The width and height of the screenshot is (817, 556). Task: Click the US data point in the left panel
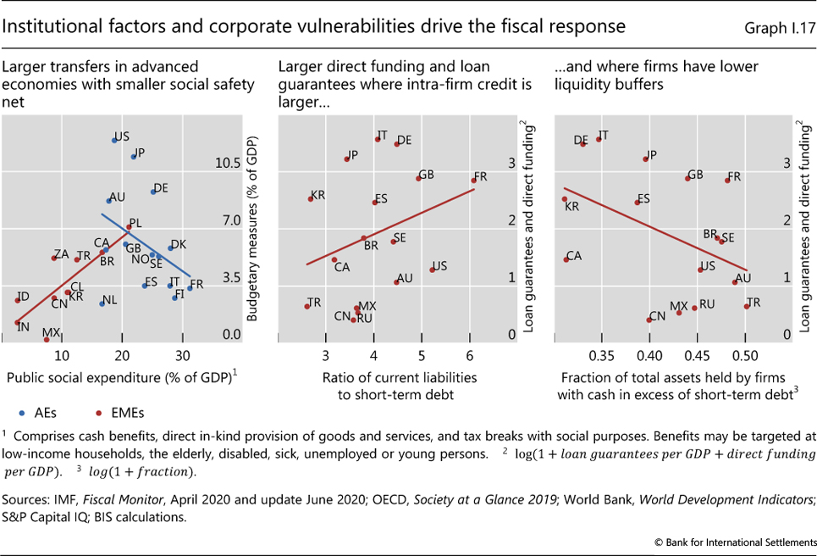click(x=114, y=140)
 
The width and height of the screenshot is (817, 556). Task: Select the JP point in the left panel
click(x=134, y=157)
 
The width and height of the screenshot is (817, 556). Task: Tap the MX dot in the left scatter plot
click(x=47, y=339)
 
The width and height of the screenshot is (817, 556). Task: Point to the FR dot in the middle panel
click(x=473, y=181)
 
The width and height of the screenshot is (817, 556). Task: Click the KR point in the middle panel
click(x=310, y=199)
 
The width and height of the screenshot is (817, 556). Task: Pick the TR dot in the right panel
click(x=746, y=306)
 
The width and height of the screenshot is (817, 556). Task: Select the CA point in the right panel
click(x=566, y=259)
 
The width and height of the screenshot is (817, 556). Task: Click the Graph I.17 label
click(x=776, y=28)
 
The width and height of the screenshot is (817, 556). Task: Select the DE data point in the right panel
click(x=582, y=144)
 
